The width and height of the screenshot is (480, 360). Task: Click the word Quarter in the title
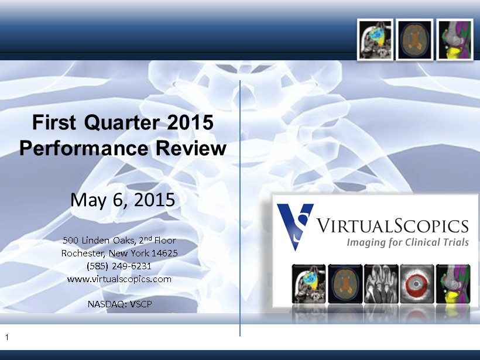tap(122, 123)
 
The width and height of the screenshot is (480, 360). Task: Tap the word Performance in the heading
tap(84, 148)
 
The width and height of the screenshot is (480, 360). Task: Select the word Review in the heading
tap(191, 148)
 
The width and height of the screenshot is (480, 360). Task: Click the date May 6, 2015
tap(123, 200)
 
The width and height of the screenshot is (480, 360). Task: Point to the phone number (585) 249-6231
tap(119, 266)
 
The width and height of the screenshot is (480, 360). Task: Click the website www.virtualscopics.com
tap(119, 279)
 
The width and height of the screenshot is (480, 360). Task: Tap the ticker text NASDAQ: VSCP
tap(119, 304)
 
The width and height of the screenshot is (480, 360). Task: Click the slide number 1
tap(7, 337)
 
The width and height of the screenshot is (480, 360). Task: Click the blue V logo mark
tap(295, 227)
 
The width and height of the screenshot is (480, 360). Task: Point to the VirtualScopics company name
tap(392, 225)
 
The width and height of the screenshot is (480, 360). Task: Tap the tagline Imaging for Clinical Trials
tap(408, 242)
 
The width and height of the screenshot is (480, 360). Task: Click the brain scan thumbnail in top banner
tap(414, 39)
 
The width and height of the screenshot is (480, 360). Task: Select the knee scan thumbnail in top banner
tap(455, 39)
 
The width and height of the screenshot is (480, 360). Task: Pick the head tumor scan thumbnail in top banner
tap(375, 39)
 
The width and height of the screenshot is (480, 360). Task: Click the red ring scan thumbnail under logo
tap(417, 284)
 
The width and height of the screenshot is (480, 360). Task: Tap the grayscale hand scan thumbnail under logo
tap(381, 284)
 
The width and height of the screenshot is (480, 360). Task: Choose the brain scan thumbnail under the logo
tap(345, 284)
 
